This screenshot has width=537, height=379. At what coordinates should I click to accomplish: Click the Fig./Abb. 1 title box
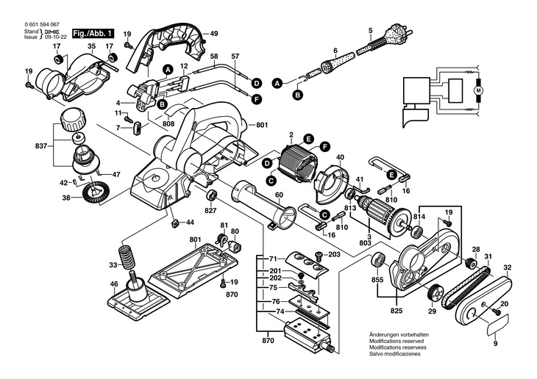point(93,34)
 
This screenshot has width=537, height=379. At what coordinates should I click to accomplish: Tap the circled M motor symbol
point(479,90)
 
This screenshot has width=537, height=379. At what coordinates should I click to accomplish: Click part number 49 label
point(214,34)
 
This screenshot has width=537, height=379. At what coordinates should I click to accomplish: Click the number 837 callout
point(41,146)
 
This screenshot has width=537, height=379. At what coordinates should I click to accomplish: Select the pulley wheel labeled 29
point(435,293)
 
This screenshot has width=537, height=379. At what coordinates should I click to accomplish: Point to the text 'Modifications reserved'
point(396,341)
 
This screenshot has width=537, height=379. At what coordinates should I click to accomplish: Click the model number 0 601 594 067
point(42,25)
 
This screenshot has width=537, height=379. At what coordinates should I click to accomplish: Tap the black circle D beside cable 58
point(256,83)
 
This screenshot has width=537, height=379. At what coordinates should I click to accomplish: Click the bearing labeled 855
point(379,259)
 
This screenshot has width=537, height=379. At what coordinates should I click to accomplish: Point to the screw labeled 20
point(496,311)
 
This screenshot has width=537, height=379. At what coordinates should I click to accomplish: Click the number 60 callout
point(279,195)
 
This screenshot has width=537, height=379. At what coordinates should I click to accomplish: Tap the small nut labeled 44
point(175,223)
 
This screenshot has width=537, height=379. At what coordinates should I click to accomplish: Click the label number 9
point(495,344)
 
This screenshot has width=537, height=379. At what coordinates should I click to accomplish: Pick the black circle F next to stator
point(324,147)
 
